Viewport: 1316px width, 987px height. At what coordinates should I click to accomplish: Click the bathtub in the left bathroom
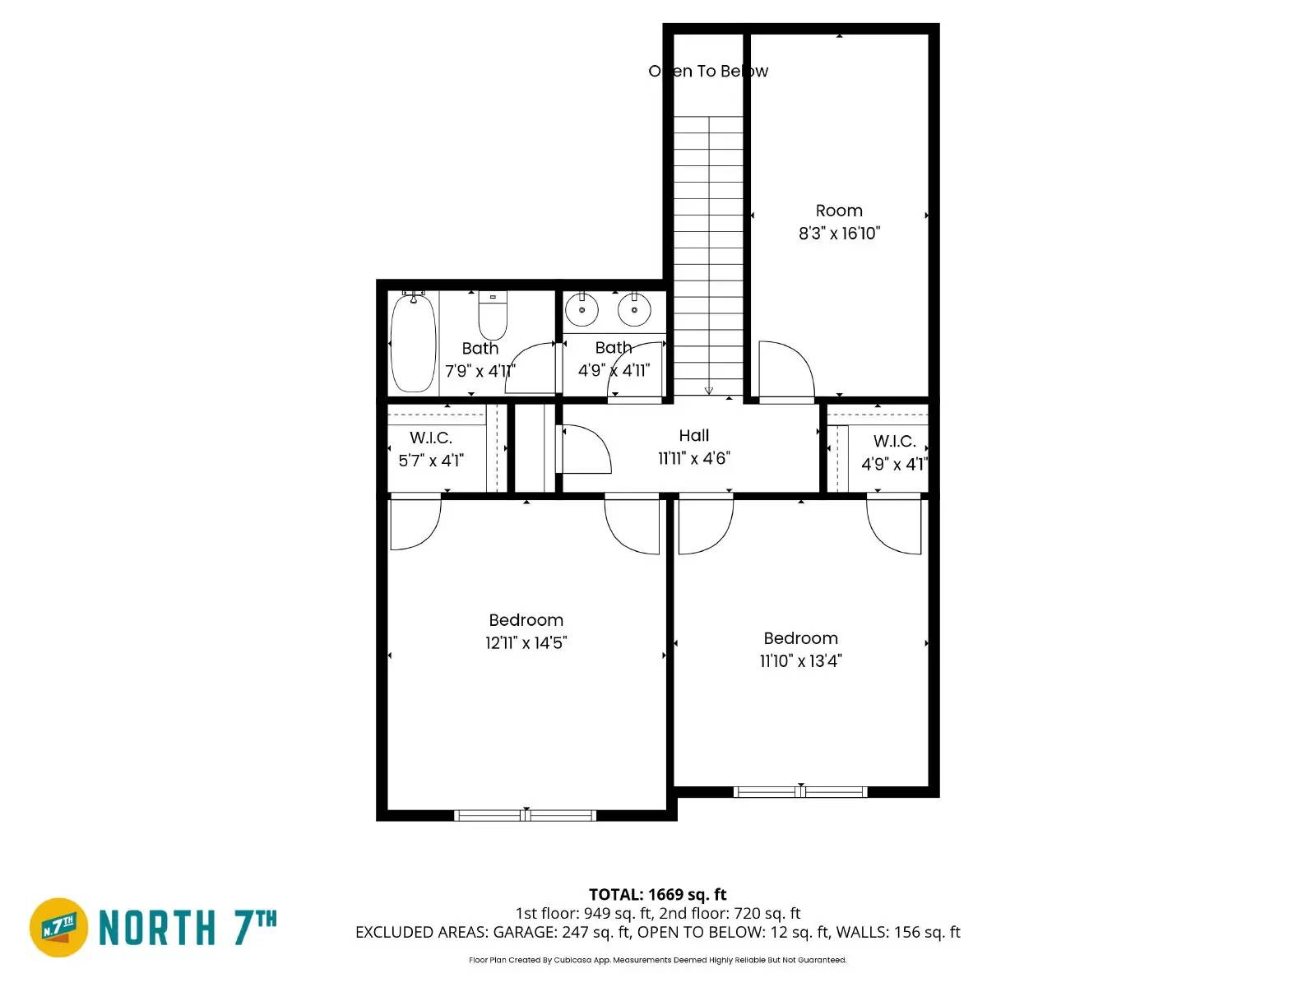412,344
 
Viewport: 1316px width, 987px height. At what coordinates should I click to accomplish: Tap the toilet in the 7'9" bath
493,317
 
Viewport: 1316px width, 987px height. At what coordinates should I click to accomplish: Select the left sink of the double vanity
582,310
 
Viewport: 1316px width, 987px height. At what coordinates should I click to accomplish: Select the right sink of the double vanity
634,310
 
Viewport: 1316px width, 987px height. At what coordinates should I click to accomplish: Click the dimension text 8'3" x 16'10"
839,234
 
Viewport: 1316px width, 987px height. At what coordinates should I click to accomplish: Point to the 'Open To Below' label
708,72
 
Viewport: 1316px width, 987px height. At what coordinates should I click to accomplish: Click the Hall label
694,436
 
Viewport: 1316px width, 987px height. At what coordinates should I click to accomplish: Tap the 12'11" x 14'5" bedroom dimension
526,643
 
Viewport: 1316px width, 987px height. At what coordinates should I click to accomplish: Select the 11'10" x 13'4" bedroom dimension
800,661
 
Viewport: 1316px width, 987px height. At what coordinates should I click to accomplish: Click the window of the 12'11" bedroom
526,816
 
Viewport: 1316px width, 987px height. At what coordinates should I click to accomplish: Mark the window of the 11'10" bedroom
800,792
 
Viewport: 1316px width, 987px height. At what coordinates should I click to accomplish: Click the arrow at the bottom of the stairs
709,391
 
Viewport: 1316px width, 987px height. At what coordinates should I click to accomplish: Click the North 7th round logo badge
58,928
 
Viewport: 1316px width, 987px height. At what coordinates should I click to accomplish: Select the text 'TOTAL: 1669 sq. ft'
657,894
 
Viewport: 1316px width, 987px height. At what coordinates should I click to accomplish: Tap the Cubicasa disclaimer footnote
657,960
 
